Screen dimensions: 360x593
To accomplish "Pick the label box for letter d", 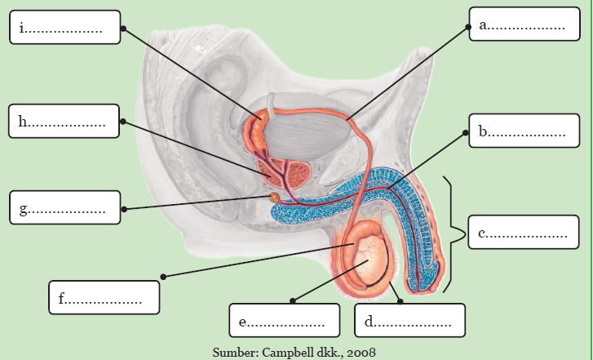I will point(409,320).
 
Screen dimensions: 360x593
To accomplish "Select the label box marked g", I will point(64,210).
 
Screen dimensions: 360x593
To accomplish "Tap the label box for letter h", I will point(64,122).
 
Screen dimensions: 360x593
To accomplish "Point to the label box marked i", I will point(64,28).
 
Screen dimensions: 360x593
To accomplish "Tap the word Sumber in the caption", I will point(231,352).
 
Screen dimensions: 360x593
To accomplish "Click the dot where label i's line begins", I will point(123,28).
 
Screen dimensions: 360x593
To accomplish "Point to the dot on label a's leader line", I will point(469,26).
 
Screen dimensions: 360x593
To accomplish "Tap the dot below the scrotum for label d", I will point(400,300).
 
